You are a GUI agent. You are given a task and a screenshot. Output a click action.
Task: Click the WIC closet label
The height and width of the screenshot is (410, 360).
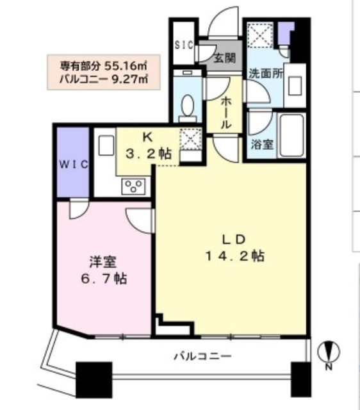[73, 165]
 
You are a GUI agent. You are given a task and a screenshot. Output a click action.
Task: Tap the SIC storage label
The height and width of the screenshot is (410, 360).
[184, 45]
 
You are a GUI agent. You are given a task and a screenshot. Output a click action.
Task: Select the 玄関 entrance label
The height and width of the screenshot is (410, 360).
[225, 58]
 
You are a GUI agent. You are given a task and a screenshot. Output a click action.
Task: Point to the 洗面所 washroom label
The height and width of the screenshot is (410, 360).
[266, 74]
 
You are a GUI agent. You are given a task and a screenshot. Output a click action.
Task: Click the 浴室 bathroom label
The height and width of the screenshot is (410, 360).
[262, 144]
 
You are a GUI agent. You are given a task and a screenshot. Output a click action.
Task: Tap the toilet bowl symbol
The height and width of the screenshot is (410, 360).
[188, 105]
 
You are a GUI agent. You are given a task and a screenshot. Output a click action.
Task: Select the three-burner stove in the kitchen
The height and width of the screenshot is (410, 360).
[133, 186]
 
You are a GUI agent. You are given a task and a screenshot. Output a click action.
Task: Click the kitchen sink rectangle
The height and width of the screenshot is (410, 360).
[106, 145]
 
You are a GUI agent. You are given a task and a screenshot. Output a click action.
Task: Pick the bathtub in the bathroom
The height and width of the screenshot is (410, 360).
[291, 135]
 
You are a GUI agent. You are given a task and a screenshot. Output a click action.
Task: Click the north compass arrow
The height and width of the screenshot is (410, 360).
[329, 352]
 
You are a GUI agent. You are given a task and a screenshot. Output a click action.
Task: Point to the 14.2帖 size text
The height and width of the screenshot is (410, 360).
[235, 256]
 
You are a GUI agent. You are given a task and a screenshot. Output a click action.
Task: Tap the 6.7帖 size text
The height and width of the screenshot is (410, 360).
[104, 279]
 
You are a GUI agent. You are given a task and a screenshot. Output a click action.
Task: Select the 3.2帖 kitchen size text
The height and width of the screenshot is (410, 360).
[149, 154]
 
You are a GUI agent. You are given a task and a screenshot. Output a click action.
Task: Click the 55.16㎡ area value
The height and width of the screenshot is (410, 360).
[126, 66]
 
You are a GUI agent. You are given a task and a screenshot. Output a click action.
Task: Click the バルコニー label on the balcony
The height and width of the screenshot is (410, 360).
[203, 356]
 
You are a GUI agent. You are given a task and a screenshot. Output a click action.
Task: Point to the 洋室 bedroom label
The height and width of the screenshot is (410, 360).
[103, 262]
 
